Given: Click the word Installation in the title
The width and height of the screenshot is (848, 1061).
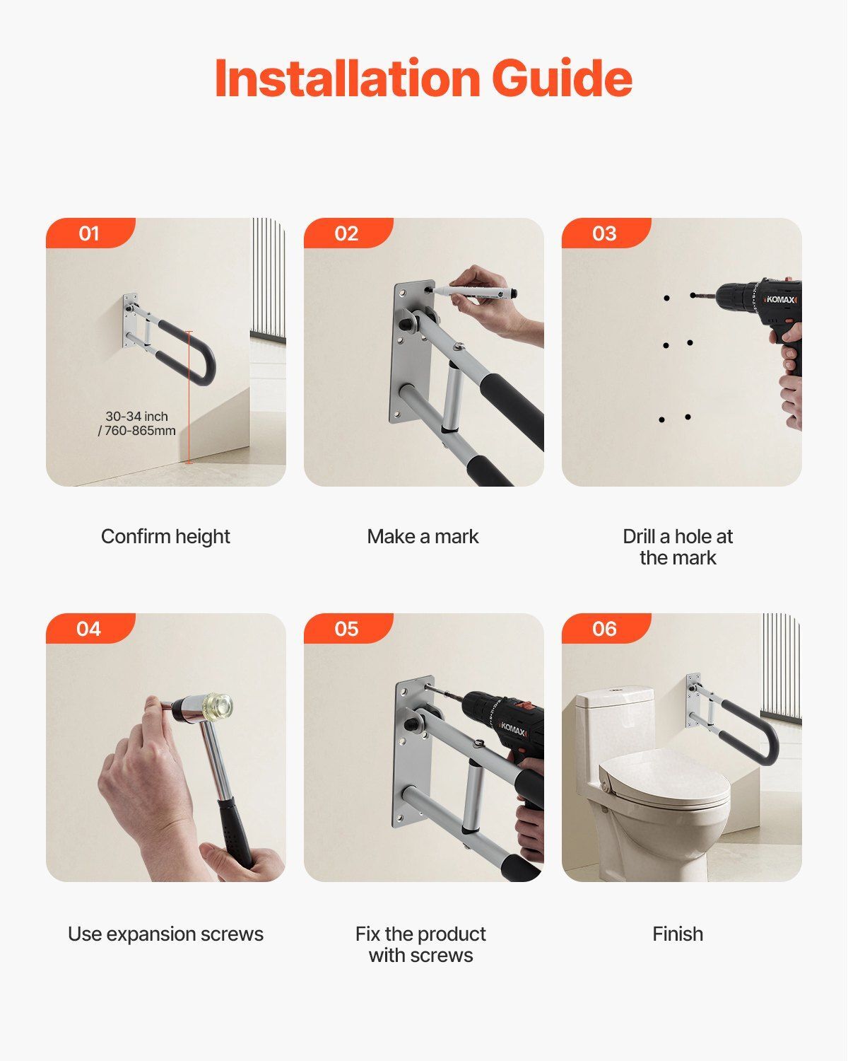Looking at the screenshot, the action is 348,78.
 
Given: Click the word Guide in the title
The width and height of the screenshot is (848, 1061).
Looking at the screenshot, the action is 563,78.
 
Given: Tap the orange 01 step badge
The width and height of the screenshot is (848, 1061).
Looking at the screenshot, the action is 90,233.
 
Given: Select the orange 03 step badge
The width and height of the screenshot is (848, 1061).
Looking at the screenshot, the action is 606,233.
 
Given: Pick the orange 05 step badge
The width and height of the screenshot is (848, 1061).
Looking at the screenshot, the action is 348,629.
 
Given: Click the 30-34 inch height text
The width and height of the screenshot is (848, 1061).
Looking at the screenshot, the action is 136,417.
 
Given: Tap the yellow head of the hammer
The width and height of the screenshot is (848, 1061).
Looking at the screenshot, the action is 219,707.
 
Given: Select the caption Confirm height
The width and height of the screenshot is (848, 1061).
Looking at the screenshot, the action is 165,536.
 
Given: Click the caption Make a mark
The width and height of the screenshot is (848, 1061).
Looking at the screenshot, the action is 423,536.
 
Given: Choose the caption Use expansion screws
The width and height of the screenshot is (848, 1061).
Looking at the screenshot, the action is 165,934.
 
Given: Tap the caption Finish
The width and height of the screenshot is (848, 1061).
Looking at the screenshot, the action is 678,934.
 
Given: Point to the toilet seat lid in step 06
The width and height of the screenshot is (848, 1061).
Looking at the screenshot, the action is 664,784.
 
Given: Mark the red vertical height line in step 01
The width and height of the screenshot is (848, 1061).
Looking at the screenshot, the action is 189,397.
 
